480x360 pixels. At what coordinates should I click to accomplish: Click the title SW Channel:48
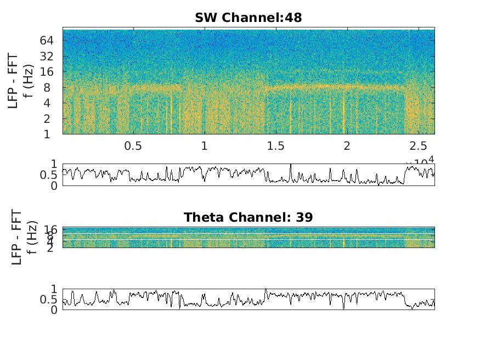[x=248, y=18]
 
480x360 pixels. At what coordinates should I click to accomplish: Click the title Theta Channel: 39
[x=248, y=217]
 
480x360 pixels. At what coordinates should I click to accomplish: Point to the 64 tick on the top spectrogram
[x=46, y=40]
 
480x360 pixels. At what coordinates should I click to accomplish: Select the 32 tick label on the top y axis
[x=46, y=56]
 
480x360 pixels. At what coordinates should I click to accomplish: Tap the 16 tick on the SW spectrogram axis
[x=46, y=71]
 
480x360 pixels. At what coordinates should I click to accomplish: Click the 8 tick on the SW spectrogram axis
[x=49, y=87]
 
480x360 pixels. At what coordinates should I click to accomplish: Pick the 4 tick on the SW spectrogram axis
[x=49, y=103]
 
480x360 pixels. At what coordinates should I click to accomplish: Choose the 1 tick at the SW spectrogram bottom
[x=49, y=134]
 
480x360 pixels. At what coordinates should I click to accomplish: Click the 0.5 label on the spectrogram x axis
[x=133, y=146]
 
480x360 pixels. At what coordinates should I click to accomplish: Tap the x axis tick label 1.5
[x=275, y=146]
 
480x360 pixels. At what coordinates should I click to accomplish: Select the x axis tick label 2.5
[x=418, y=146]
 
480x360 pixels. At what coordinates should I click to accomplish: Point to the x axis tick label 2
[x=347, y=146]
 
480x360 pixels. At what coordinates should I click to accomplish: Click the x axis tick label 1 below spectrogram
[x=204, y=146]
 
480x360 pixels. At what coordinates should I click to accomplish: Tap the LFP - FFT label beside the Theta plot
[x=16, y=237]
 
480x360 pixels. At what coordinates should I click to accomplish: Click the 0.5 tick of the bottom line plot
[x=49, y=300]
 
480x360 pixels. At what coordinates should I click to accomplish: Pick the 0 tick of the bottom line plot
[x=53, y=310]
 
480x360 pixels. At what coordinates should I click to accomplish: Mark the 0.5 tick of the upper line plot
[x=49, y=175]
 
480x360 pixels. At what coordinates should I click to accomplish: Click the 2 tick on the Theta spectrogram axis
[x=53, y=248]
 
